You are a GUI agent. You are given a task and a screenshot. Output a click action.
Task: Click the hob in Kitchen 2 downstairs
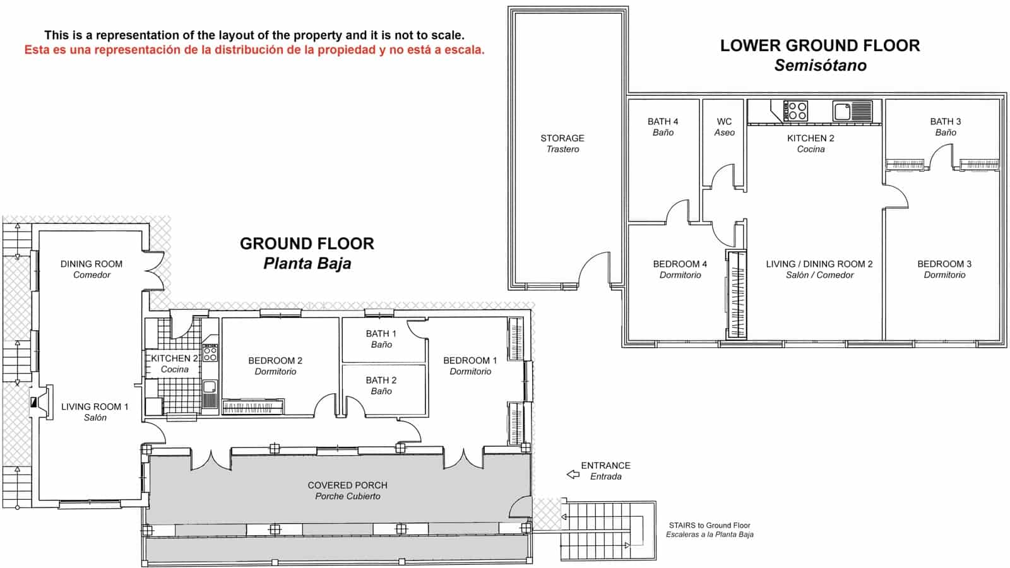795,111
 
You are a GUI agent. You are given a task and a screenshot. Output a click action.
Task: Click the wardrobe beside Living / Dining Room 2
736,295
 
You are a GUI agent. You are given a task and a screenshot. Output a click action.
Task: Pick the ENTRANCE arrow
573,474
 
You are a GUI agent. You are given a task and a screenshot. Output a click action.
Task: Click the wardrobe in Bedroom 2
252,407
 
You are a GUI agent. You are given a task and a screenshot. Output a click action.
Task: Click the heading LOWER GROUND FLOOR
819,45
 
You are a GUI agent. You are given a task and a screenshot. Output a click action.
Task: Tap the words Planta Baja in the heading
307,263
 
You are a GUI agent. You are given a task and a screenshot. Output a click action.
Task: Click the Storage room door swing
594,268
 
